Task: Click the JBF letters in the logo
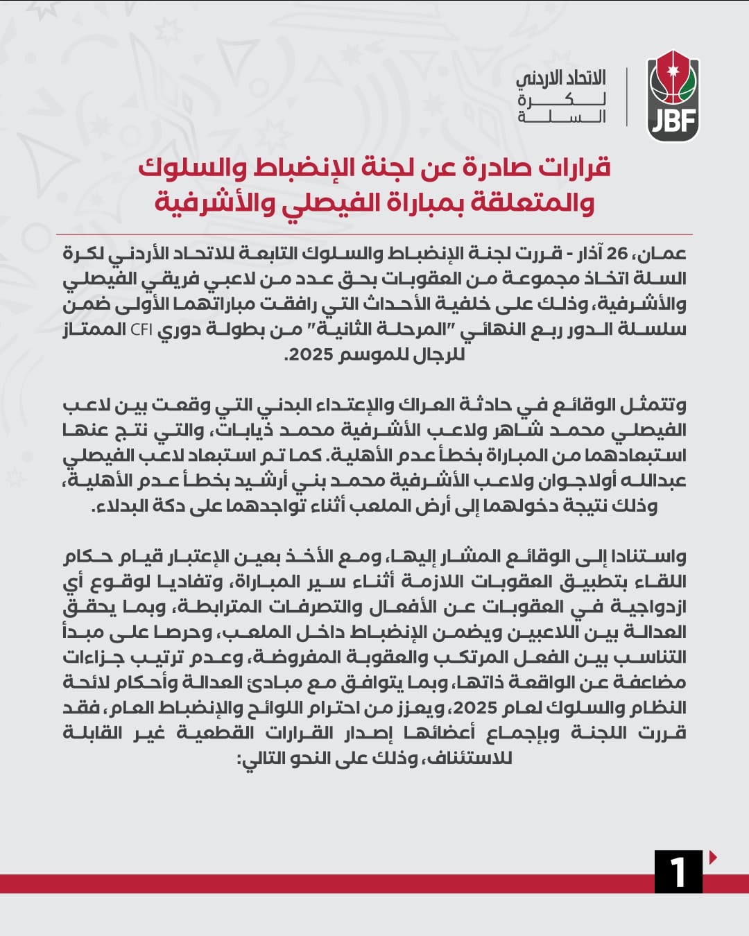click(673, 122)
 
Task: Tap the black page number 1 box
click(678, 871)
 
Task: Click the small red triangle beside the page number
click(713, 858)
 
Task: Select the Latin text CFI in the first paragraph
click(141, 329)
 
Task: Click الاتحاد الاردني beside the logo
click(561, 78)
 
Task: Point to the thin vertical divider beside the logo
click(626, 97)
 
